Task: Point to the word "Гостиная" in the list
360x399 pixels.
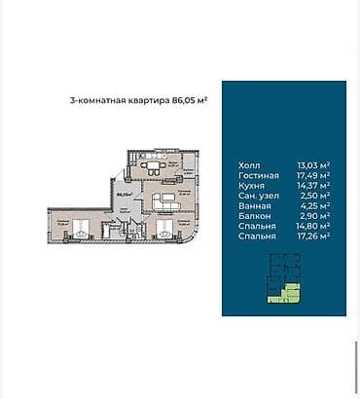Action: (x=258, y=175)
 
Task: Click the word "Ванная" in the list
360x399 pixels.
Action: (x=253, y=205)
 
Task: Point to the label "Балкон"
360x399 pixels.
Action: (x=253, y=215)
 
